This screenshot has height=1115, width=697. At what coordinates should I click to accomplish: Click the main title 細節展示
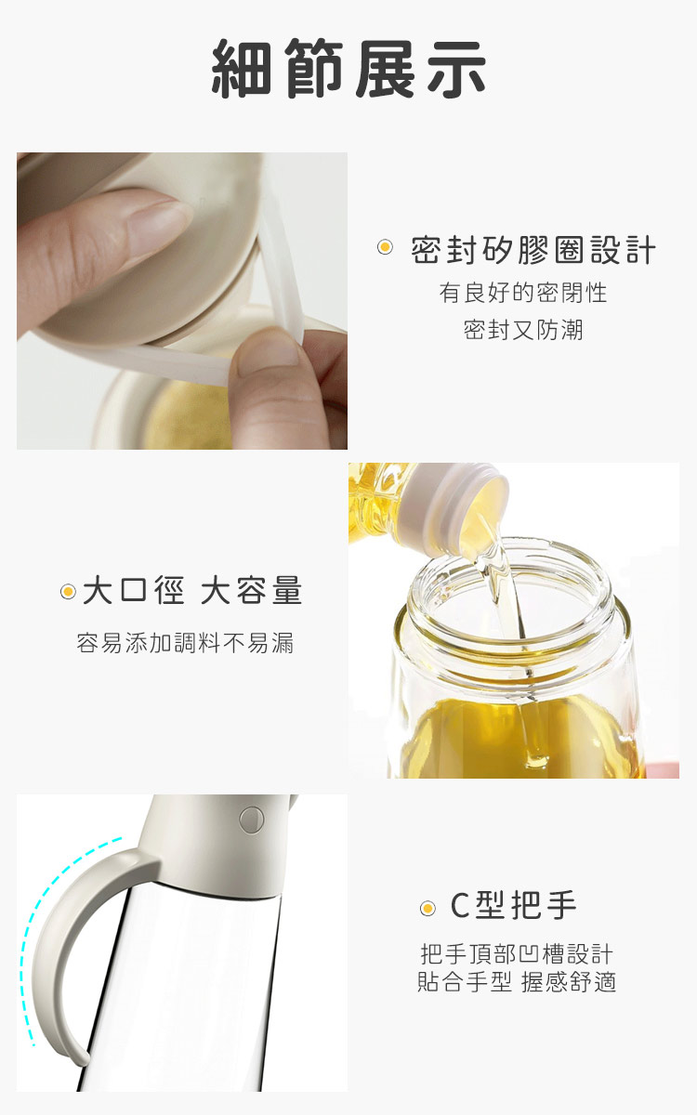click(x=348, y=69)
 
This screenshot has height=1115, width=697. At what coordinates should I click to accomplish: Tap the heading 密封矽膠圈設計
click(x=533, y=250)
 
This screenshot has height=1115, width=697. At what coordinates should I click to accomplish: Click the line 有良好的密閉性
click(x=523, y=292)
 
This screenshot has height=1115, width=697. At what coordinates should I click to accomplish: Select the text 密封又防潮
click(x=523, y=330)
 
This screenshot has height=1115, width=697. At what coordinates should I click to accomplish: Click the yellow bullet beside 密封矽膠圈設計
click(x=385, y=246)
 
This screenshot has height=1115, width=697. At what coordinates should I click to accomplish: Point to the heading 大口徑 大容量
click(x=192, y=590)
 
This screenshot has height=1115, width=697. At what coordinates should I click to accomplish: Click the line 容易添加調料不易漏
click(x=185, y=643)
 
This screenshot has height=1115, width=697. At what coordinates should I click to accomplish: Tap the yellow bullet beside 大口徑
click(x=68, y=592)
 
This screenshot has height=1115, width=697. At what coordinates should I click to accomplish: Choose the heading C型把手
click(x=513, y=904)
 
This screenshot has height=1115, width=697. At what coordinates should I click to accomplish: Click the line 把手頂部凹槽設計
click(x=517, y=955)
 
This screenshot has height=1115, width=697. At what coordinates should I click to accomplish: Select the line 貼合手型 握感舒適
click(x=517, y=982)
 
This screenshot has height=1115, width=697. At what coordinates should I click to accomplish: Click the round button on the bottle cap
click(x=252, y=820)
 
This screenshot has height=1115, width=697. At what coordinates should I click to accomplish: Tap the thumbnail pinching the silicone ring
click(x=268, y=351)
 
